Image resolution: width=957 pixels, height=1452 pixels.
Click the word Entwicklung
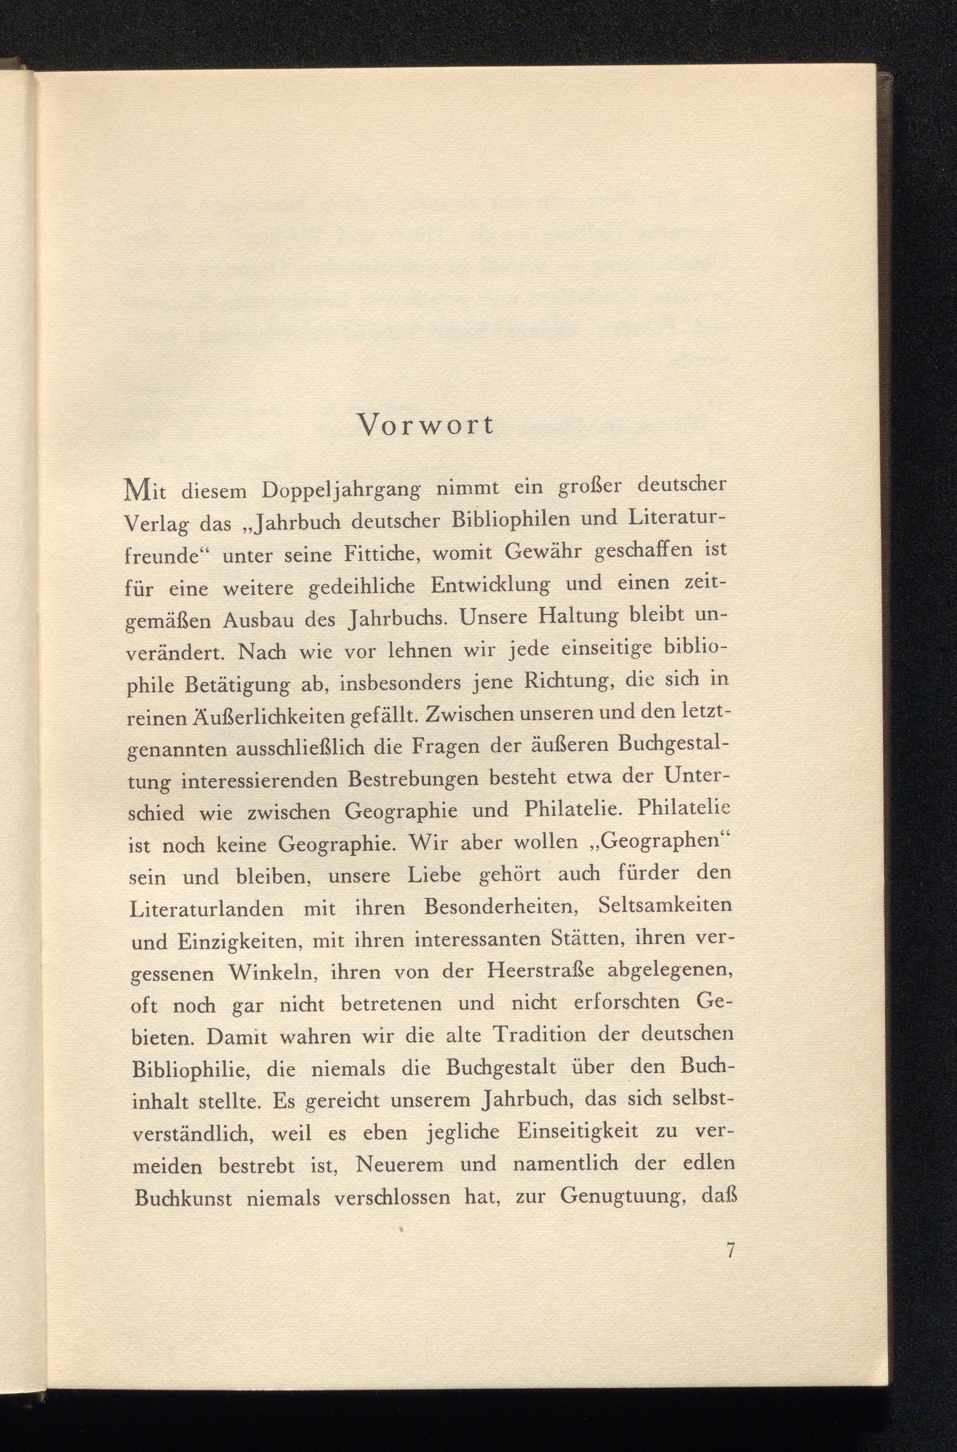[490, 586]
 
